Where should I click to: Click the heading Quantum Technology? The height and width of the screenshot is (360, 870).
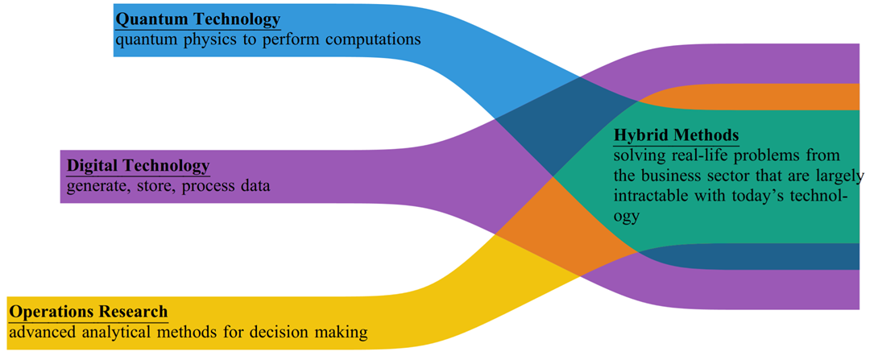[198, 19]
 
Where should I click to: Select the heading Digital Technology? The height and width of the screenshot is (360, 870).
[138, 166]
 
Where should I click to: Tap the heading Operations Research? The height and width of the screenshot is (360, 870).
[89, 311]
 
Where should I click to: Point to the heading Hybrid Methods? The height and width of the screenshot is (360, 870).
[676, 134]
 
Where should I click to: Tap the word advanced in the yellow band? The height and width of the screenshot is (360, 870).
[40, 332]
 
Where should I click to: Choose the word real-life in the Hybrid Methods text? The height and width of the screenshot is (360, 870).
[695, 155]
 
